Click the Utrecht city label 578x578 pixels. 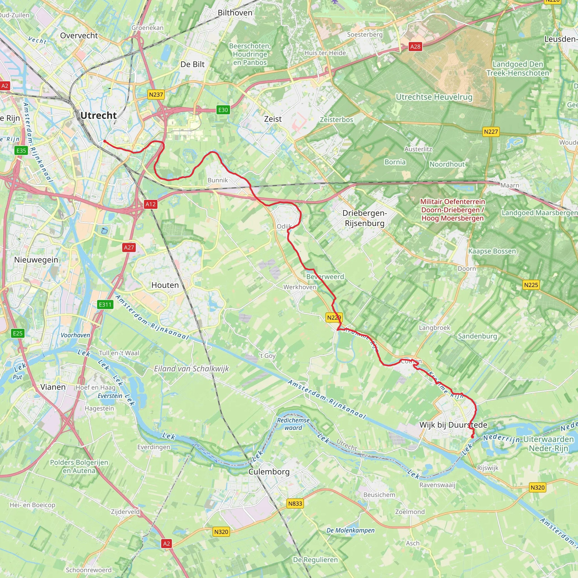pos(98,115)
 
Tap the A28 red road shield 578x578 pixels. pos(415,46)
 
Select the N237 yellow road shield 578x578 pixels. pos(156,95)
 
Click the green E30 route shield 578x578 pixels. pos(223,110)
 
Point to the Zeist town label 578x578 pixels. pos(273,119)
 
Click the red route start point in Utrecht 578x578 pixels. pos(104,141)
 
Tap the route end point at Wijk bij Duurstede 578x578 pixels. pos(472,437)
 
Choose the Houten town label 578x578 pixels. pos(165,285)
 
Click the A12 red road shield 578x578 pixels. pos(150,204)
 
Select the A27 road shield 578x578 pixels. pos(129,247)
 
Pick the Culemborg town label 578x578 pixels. pos(269,472)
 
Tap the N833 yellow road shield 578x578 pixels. pos(295,503)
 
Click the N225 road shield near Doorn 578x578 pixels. pos(531,285)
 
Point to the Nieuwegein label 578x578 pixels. pos(36,259)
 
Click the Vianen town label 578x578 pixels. pos(53,387)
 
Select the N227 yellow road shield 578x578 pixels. pos(491,132)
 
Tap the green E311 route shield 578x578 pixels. pos(105,305)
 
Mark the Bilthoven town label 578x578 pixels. pos(235,13)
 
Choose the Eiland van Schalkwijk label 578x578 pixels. pos(191,369)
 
